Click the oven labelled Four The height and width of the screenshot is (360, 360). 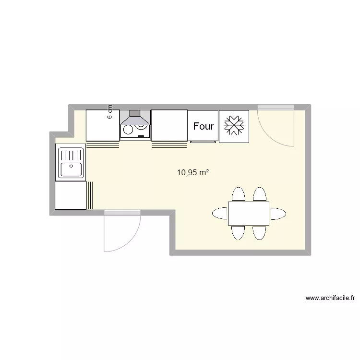pyautogui.click(x=203, y=126)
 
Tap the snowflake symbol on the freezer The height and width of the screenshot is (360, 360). pyautogui.click(x=234, y=126)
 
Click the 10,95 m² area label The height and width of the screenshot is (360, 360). pyautogui.click(x=193, y=172)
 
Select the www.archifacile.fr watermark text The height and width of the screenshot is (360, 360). pyautogui.click(x=330, y=298)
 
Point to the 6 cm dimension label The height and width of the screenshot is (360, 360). pyautogui.click(x=110, y=112)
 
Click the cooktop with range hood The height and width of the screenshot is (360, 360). pyautogui.click(x=135, y=125)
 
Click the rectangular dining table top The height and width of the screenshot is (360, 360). pyautogui.click(x=248, y=214)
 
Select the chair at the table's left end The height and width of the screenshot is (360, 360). pyautogui.click(x=220, y=213)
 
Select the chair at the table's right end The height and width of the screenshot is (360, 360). pyautogui.click(x=278, y=214)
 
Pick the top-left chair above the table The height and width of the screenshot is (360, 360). pyautogui.click(x=239, y=194)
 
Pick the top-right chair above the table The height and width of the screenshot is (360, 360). pyautogui.click(x=260, y=194)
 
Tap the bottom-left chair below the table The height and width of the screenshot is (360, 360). pyautogui.click(x=239, y=233)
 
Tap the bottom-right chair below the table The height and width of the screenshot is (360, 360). pyautogui.click(x=259, y=233)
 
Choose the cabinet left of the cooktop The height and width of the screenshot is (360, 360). pyautogui.click(x=102, y=125)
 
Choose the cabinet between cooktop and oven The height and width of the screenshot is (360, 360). pyautogui.click(x=169, y=125)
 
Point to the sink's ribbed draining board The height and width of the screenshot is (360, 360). pyautogui.click(x=71, y=155)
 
